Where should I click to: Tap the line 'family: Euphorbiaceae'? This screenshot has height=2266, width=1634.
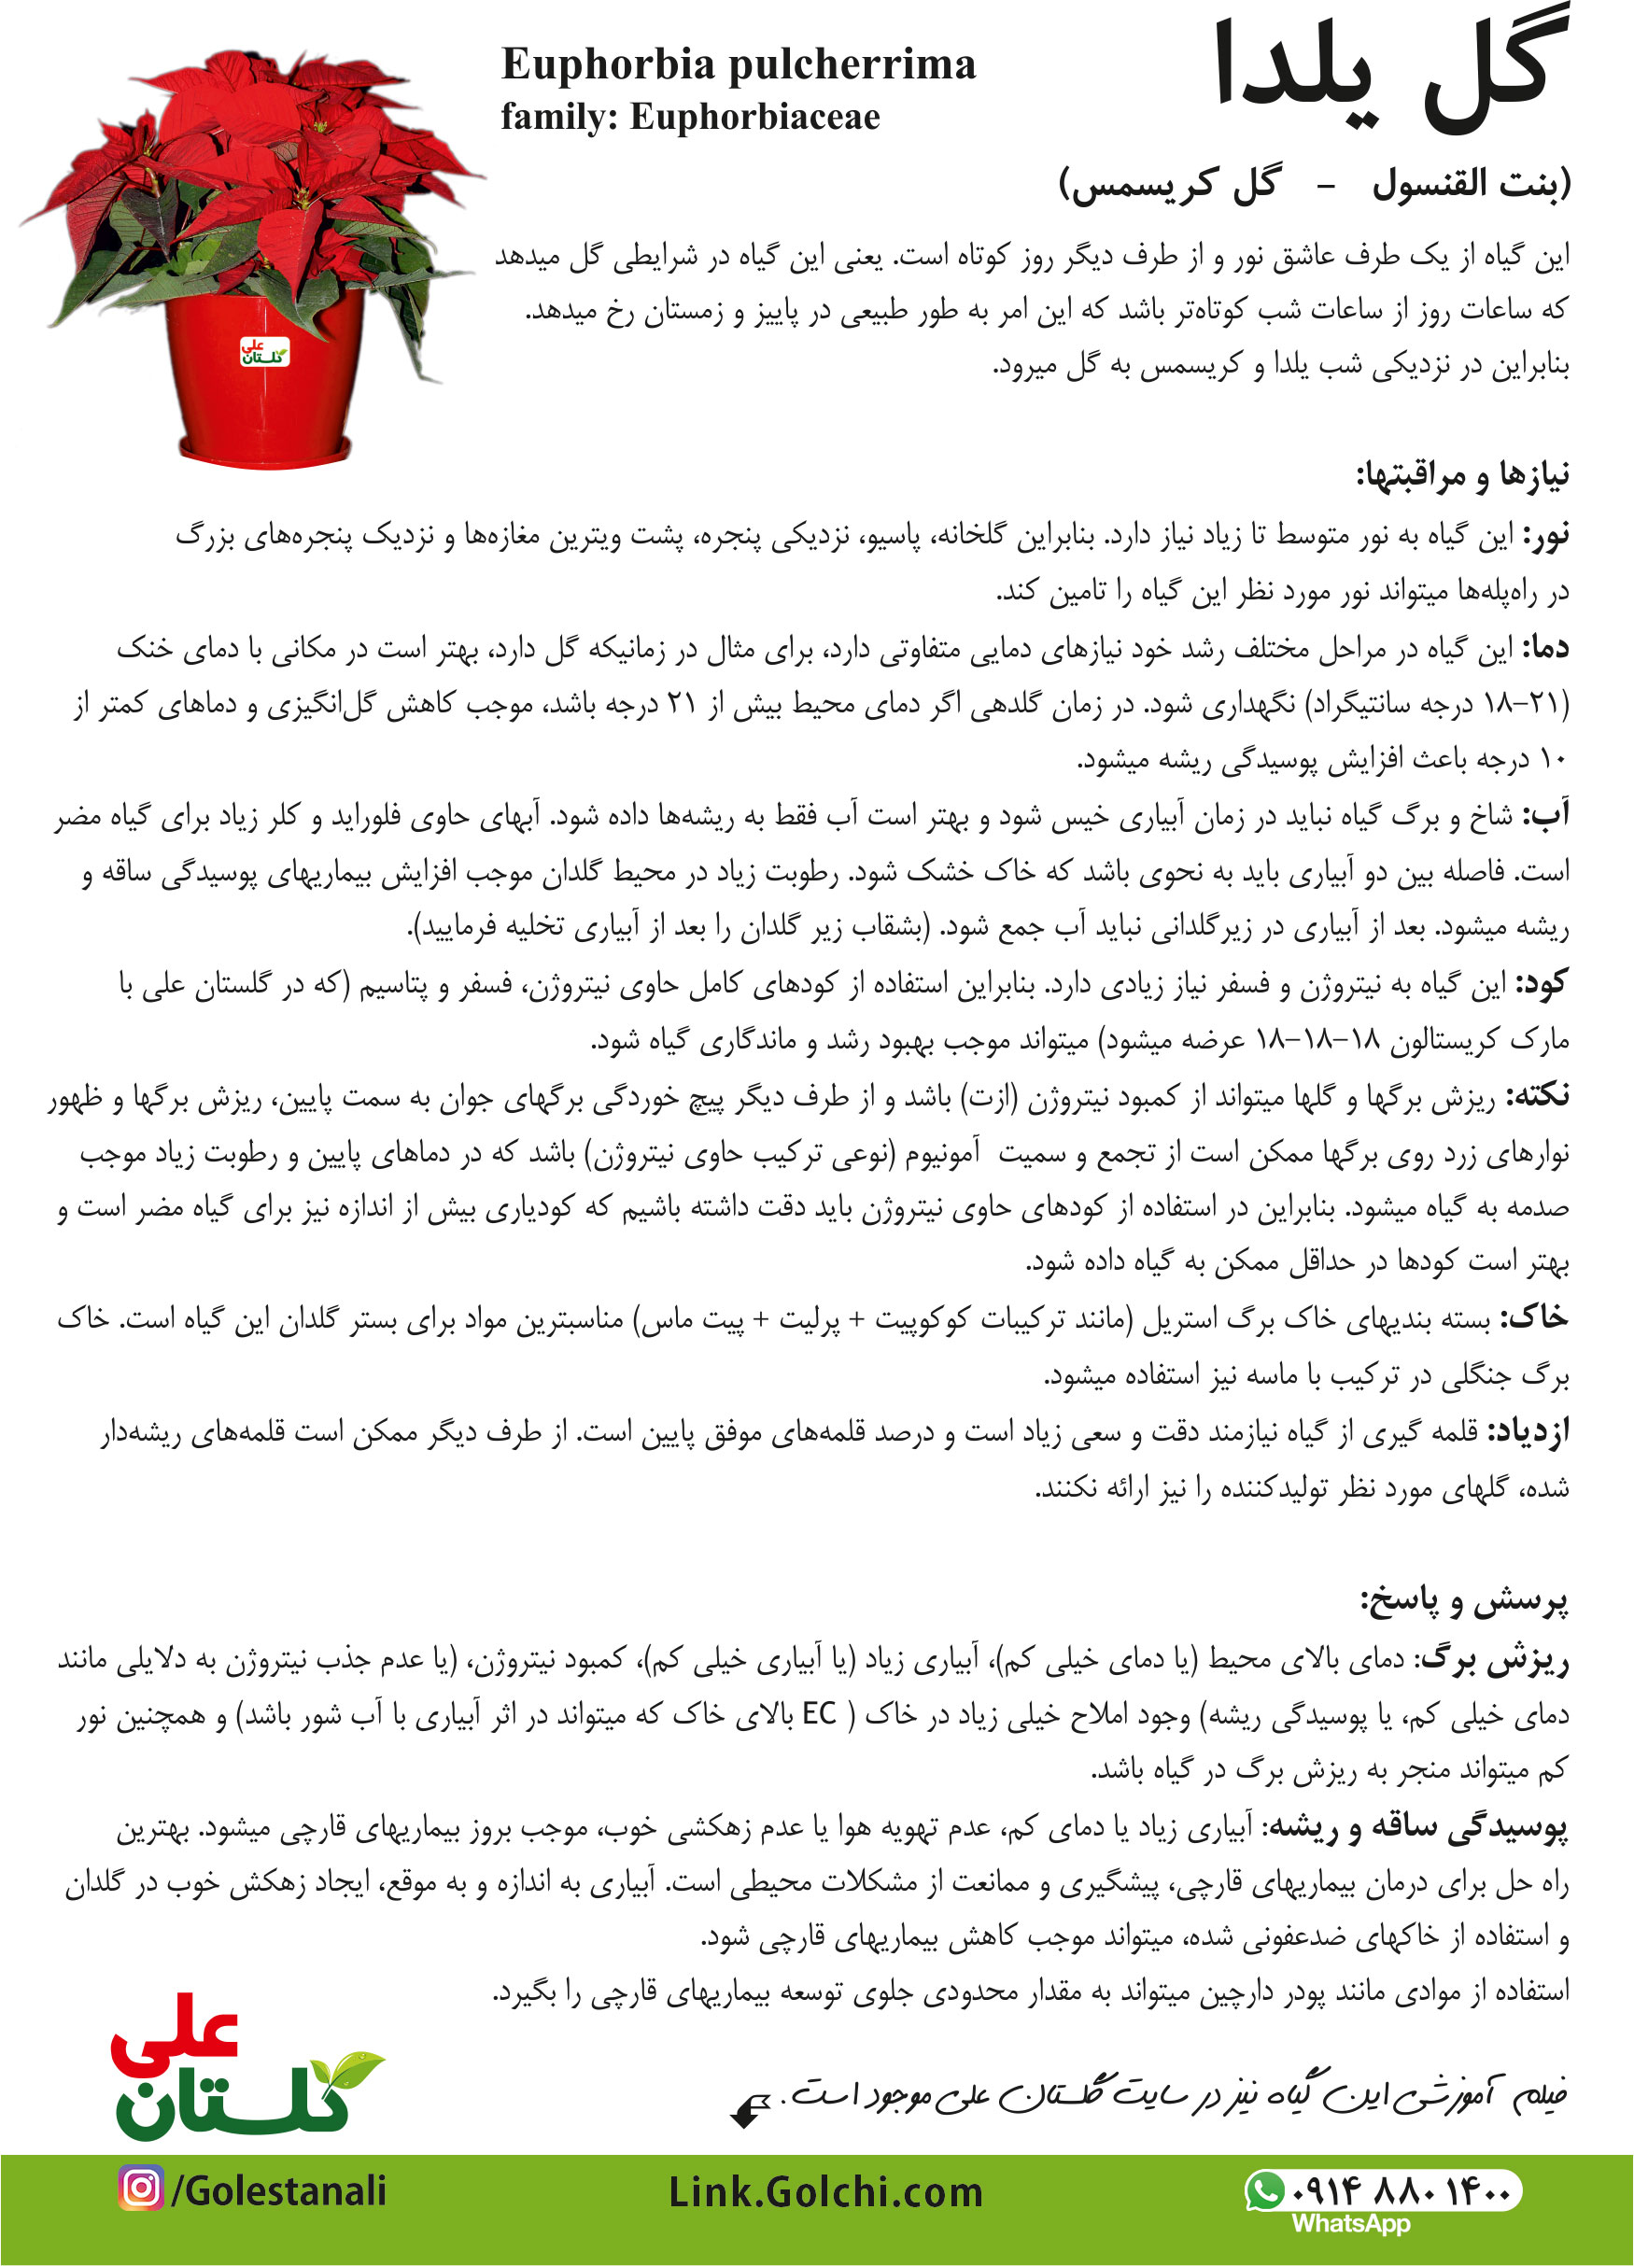tap(690, 118)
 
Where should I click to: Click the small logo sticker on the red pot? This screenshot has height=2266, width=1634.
tap(264, 352)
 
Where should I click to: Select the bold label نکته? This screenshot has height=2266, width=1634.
tap(1538, 1097)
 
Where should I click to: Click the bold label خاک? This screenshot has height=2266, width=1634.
tap(1535, 1320)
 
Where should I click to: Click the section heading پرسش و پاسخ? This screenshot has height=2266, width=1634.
tap(1464, 1602)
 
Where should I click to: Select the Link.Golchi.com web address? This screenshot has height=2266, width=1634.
tap(825, 2192)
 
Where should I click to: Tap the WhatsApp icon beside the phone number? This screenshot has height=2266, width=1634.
tap(1264, 2191)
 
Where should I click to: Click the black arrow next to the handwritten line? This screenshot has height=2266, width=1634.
tap(750, 2110)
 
